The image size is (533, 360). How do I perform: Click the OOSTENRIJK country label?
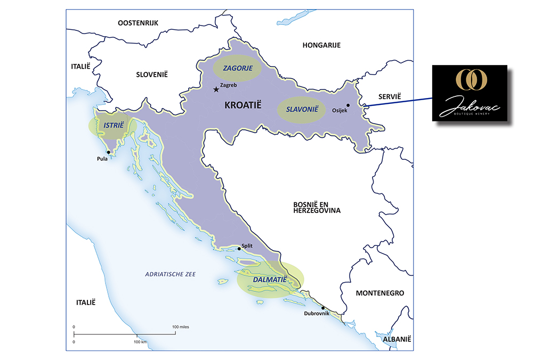138,22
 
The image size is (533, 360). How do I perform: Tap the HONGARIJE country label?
321,45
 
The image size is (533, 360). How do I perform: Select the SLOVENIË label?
152,74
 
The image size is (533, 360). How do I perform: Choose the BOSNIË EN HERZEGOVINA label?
317,207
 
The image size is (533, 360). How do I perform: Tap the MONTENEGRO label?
379,293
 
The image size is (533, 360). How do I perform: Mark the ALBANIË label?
394,339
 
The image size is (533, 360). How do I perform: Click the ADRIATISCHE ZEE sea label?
171,274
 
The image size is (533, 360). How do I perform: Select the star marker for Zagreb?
216,89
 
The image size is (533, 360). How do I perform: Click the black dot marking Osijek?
348,105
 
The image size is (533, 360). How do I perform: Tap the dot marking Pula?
109,152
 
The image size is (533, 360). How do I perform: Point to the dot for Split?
239,249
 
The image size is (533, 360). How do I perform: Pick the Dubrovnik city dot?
323,307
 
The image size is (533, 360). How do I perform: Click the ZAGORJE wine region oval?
237,69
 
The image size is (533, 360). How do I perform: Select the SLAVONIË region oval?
302,110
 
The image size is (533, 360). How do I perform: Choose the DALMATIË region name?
270,279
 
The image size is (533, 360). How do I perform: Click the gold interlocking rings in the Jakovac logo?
470,78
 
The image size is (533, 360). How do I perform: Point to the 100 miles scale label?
180,326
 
